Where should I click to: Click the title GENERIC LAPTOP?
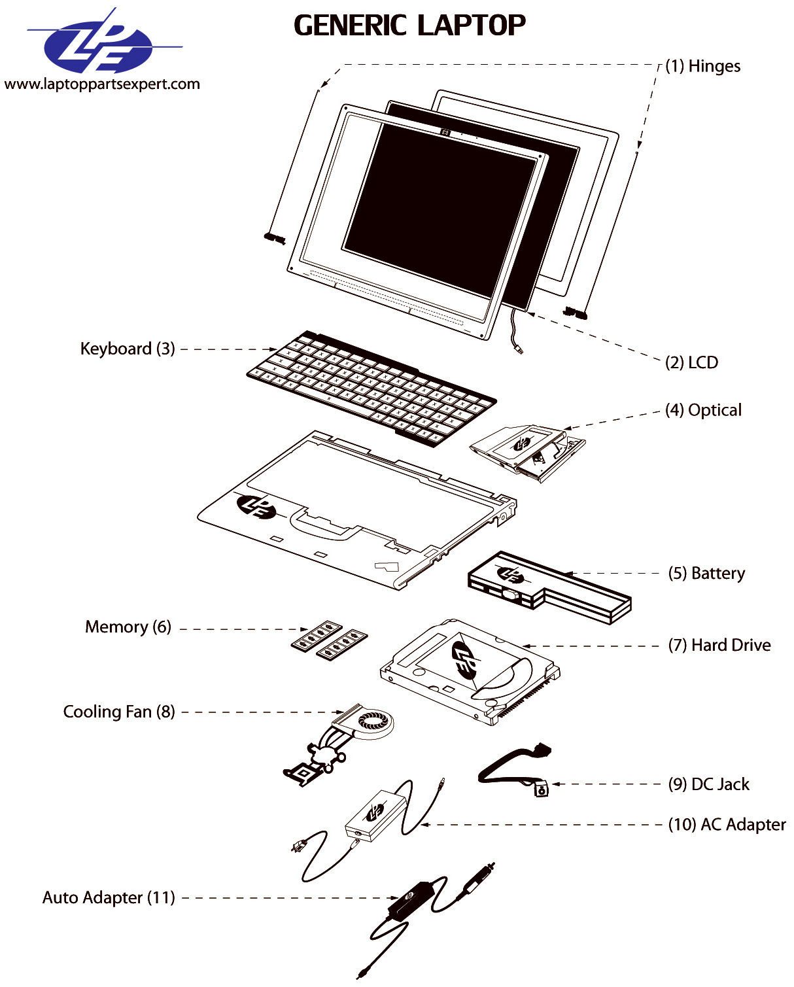tap(409, 26)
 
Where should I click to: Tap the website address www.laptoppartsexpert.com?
tap(102, 84)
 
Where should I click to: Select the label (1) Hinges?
tap(702, 66)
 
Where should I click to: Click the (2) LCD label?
tap(691, 362)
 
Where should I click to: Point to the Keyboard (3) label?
tap(128, 349)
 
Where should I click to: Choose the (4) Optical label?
tap(703, 410)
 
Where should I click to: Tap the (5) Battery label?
tap(706, 573)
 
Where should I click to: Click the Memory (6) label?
tap(128, 627)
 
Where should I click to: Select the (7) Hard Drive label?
tap(719, 645)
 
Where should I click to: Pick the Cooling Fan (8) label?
tap(119, 712)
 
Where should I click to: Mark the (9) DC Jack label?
tap(708, 784)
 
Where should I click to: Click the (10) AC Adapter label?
tap(727, 824)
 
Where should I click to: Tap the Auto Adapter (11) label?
tap(109, 897)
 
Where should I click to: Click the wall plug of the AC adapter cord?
tap(298, 847)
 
